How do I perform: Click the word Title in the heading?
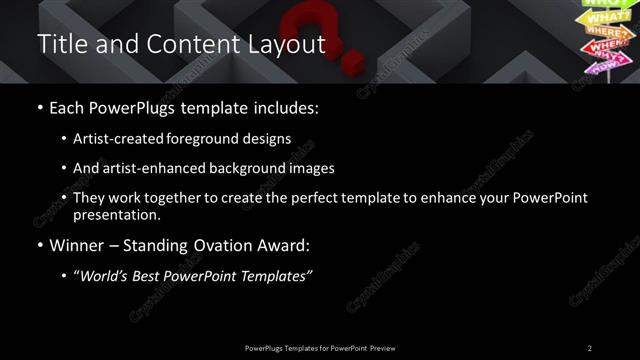[59, 45]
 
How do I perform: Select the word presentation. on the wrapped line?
[117, 215]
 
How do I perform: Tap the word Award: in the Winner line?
[283, 246]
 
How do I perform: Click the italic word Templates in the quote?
[276, 276]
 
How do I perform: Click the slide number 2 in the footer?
[590, 347]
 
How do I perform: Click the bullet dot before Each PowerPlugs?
[39, 108]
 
